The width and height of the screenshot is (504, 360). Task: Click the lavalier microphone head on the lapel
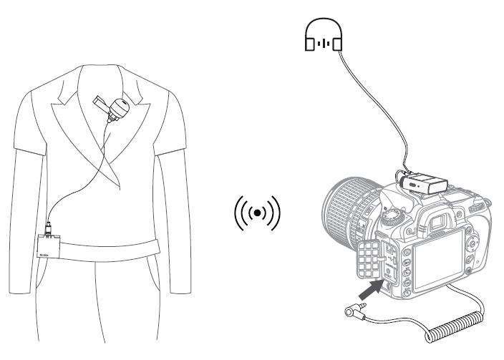coord(118,108)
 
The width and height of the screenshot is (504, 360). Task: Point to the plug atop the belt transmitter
coord(47,230)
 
